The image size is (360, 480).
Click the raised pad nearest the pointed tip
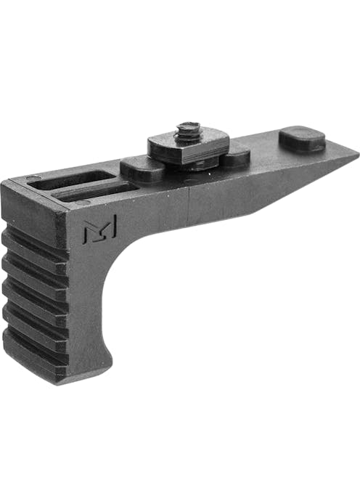point(302,139)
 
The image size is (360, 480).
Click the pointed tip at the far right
point(355,155)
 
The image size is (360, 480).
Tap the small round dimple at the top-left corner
point(32,179)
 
